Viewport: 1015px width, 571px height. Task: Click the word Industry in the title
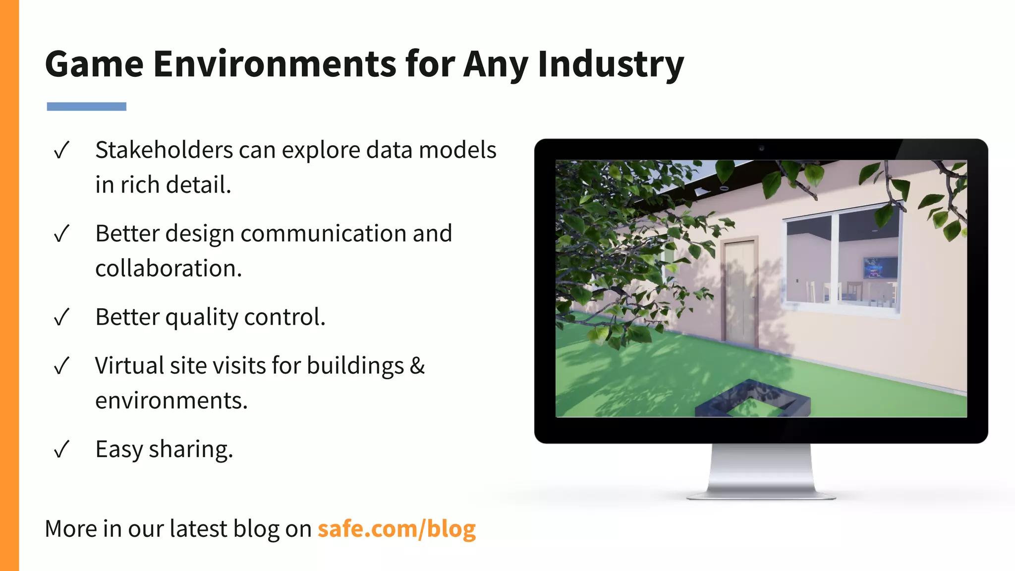[611, 64]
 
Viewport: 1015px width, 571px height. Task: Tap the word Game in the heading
[94, 64]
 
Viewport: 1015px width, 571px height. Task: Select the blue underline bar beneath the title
[86, 107]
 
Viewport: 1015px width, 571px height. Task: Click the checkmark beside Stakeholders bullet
[61, 150]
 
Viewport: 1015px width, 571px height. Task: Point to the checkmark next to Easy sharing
[61, 450]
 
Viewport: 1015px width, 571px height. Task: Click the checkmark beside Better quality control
[61, 317]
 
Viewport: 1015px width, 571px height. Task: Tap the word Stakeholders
[164, 150]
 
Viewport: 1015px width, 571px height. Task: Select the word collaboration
[168, 268]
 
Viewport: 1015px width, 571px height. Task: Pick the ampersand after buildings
[417, 366]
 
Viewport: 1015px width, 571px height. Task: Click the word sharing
[190, 450]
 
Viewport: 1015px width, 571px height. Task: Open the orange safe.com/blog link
[396, 529]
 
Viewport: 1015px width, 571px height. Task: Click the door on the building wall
[740, 292]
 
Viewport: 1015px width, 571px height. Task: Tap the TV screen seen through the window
[880, 268]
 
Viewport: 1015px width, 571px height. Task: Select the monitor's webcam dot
[761, 148]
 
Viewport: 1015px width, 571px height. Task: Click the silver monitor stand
[761, 471]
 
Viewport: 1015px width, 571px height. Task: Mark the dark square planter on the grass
[752, 400]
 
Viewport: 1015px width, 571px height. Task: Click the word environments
[171, 401]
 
